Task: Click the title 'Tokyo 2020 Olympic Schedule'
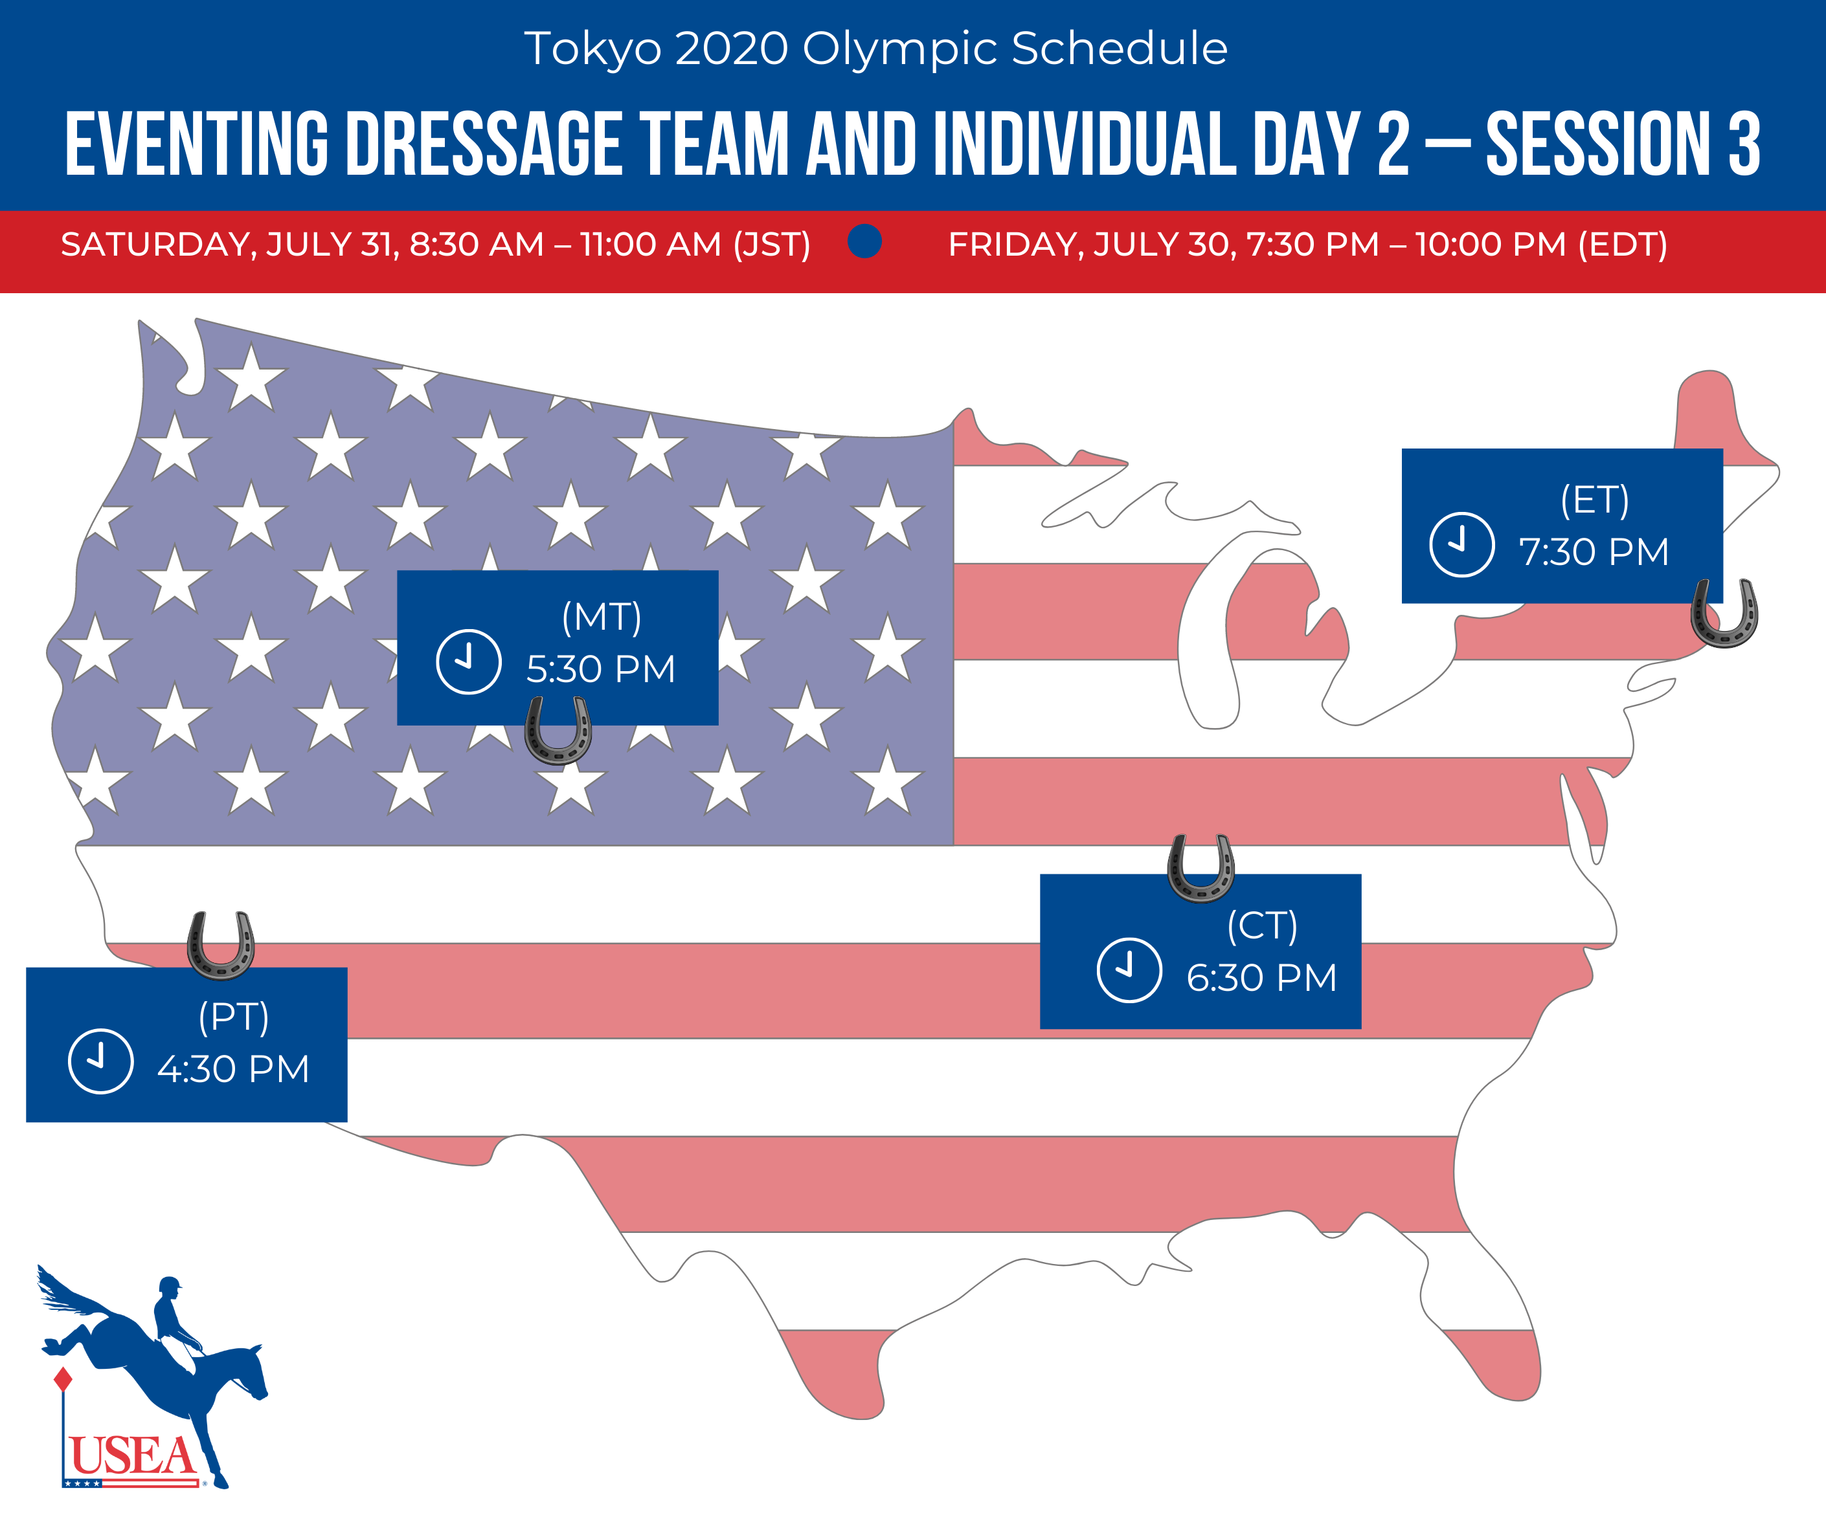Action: point(875,49)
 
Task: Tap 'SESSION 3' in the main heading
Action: point(1623,144)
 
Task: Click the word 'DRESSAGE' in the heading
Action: point(484,144)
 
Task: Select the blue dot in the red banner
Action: point(864,241)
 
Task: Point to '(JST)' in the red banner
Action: point(771,244)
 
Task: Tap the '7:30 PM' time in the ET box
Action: point(1594,552)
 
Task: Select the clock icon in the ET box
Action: point(1461,544)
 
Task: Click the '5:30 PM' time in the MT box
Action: point(601,669)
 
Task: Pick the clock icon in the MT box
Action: point(469,661)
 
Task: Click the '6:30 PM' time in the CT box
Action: point(1261,978)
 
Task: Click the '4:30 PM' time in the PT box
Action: point(233,1069)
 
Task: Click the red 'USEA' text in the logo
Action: point(132,1455)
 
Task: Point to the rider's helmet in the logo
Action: point(170,1285)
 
